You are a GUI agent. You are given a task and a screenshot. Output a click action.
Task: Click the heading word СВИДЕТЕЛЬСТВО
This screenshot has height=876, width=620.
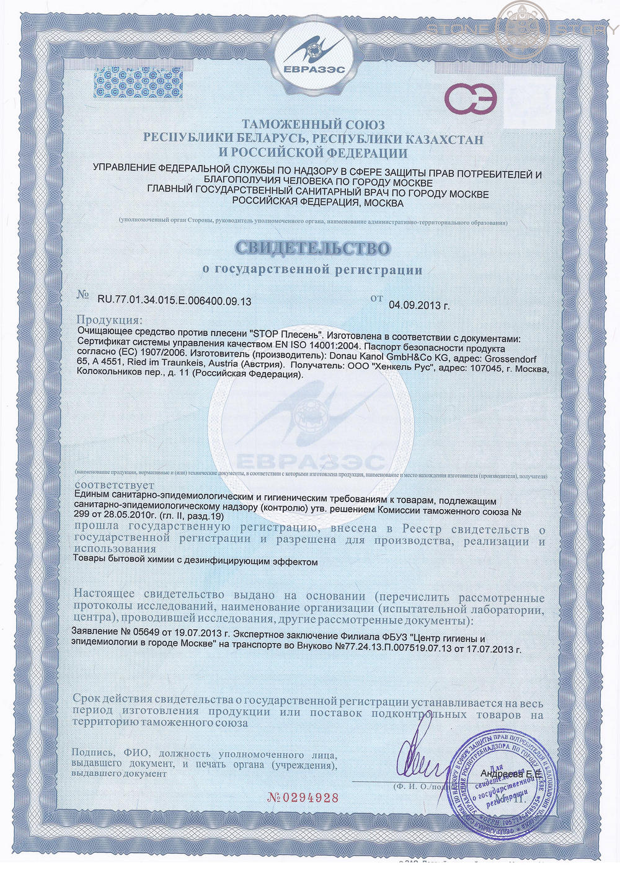pyautogui.click(x=313, y=248)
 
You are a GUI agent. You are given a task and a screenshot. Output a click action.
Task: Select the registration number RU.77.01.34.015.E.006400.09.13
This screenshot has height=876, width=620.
pyautogui.click(x=174, y=301)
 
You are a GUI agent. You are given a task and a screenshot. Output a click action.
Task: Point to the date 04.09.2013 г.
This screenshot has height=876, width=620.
pyautogui.click(x=418, y=305)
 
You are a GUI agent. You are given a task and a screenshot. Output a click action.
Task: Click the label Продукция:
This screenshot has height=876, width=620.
pyautogui.click(x=108, y=321)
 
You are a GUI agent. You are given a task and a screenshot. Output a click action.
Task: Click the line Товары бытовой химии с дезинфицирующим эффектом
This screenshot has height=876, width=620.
pyautogui.click(x=195, y=562)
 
